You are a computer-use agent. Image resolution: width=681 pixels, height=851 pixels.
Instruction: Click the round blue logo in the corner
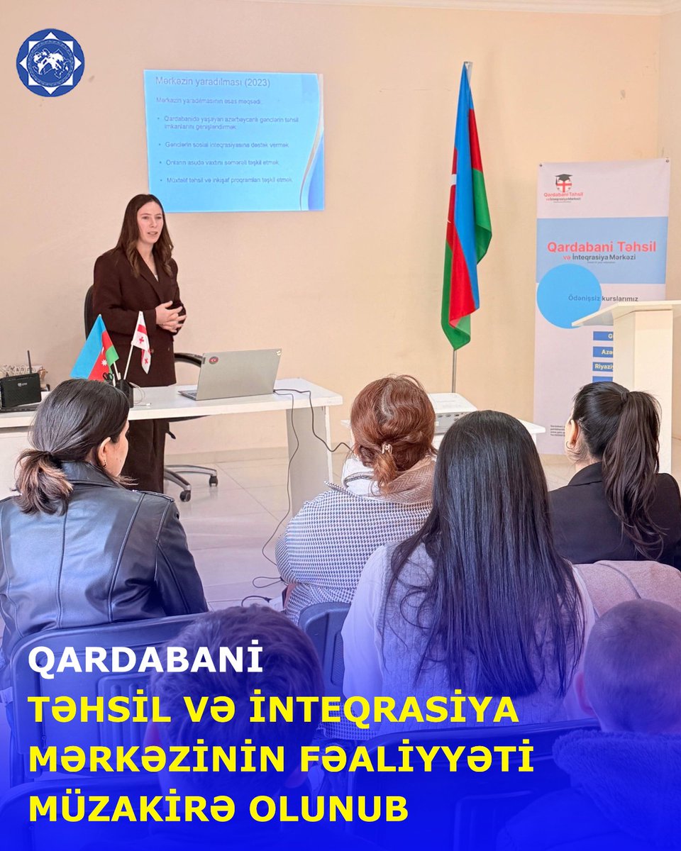click(x=50, y=62)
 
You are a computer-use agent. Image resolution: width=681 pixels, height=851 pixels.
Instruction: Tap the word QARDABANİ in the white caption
click(x=145, y=660)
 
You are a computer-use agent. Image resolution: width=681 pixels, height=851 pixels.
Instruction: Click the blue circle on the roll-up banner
click(x=569, y=296)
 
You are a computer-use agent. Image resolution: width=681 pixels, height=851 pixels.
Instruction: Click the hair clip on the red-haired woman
click(x=387, y=448)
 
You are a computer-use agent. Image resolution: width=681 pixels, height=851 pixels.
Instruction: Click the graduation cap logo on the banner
click(x=563, y=182)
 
